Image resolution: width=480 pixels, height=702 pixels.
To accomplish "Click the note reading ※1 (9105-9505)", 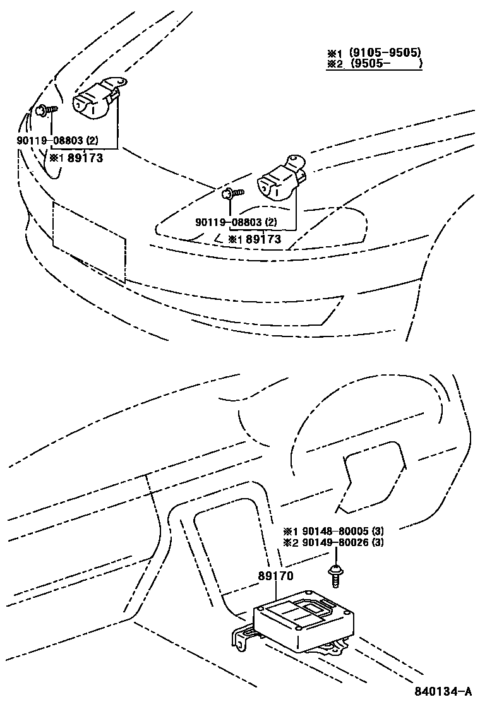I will (x=374, y=52).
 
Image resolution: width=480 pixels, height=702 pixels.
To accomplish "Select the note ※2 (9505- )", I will (x=374, y=64).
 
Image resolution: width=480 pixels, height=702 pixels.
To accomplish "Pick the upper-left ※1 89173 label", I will (x=76, y=158).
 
